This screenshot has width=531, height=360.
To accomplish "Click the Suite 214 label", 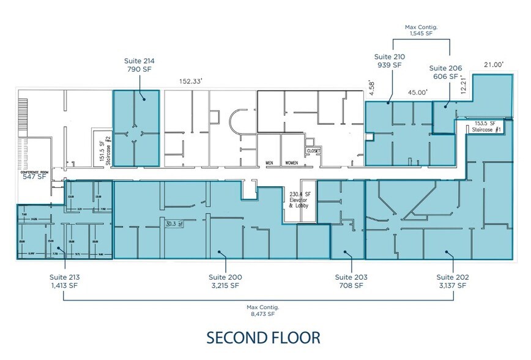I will pyautogui.click(x=140, y=66).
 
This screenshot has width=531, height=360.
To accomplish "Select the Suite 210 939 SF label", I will pyautogui.click(x=388, y=61).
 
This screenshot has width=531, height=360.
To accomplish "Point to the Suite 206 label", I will pyautogui.click(x=445, y=72).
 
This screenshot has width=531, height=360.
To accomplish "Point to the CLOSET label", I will pyautogui.click(x=314, y=150).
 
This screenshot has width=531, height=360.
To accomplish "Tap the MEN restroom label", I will pyautogui.click(x=269, y=163).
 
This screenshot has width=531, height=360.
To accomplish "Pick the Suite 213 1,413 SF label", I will pyautogui.click(x=65, y=281).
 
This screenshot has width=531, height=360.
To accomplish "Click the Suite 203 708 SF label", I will pyautogui.click(x=351, y=281).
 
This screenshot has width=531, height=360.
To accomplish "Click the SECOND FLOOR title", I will pyautogui.click(x=262, y=337).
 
